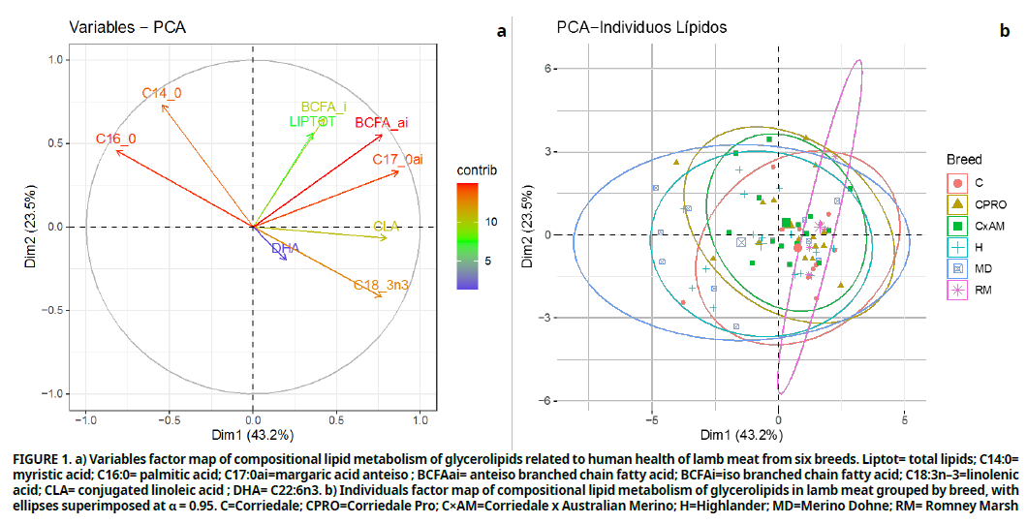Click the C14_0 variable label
[162, 93]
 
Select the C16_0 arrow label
[115, 139]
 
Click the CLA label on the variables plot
[387, 226]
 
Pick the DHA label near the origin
[285, 249]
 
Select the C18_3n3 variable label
[381, 285]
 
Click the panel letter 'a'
[501, 31]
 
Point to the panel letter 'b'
[1005, 31]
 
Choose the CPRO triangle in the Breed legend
[957, 204]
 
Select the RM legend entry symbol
[957, 290]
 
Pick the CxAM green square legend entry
[957, 226]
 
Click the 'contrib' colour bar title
[477, 170]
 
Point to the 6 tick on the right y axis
[546, 69]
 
